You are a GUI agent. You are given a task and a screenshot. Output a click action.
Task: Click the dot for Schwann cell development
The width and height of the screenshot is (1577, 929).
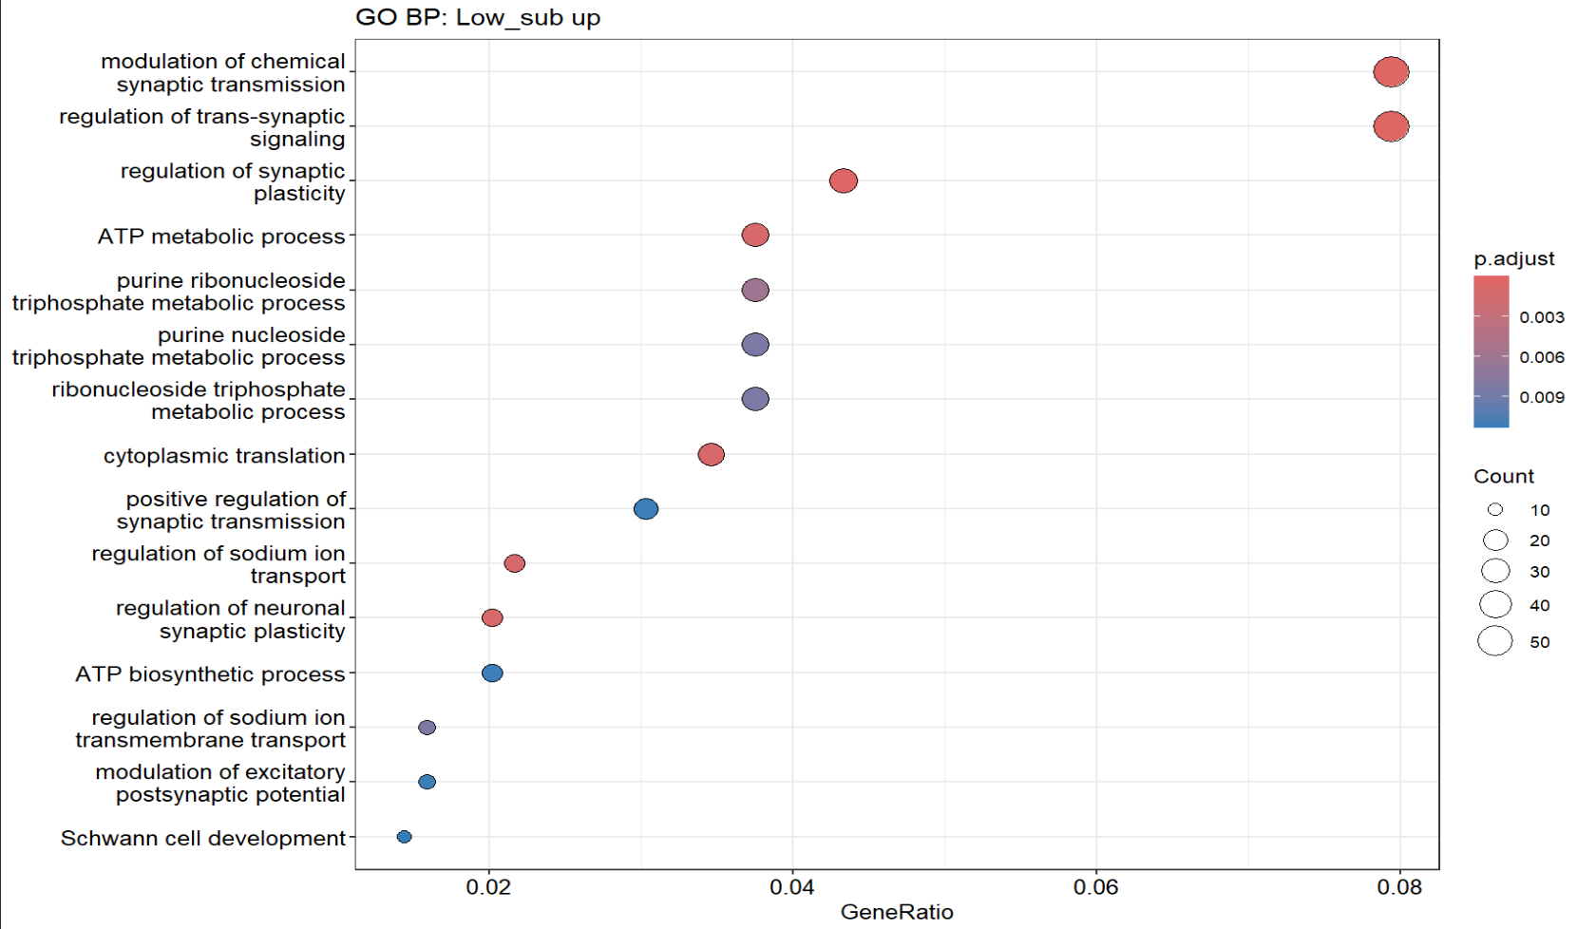point(404,837)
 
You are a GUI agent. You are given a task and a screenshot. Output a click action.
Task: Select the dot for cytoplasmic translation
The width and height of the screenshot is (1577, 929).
point(711,455)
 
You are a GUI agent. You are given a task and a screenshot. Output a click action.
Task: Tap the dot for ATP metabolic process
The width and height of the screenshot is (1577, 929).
point(755,235)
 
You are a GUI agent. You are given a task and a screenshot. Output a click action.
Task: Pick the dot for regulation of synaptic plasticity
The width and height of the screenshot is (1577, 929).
point(843,180)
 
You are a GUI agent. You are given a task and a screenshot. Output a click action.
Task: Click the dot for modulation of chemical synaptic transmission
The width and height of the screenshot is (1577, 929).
point(1391,72)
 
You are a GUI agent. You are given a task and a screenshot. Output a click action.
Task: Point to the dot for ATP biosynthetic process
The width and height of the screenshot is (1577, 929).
point(492,673)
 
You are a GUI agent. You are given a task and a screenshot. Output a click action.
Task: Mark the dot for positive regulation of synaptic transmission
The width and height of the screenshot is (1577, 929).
point(646,509)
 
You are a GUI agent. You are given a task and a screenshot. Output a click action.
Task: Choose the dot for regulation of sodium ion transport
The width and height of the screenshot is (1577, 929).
point(514,563)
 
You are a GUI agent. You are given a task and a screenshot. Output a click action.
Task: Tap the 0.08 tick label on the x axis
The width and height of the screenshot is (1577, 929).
point(1399,888)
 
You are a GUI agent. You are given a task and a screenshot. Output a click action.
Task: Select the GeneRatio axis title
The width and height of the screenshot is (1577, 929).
point(897,913)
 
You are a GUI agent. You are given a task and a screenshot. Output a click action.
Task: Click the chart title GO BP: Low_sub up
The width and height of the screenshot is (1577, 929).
point(478,18)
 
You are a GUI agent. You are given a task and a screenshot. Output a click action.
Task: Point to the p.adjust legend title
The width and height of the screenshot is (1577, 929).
point(1514,258)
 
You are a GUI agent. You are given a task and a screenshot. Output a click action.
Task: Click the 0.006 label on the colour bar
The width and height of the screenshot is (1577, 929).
point(1541,357)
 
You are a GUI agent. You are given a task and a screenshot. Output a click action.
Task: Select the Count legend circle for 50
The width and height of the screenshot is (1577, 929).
point(1495,641)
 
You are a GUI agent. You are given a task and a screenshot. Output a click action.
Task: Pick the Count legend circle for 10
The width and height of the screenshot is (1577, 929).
point(1495,510)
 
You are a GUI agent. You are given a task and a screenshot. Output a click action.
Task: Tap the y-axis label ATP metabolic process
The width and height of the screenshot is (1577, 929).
point(221,237)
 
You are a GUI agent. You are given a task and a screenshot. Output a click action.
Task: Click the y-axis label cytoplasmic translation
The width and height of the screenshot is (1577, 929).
point(224,456)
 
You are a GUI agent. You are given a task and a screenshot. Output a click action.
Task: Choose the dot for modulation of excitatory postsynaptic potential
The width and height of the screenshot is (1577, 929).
point(427,782)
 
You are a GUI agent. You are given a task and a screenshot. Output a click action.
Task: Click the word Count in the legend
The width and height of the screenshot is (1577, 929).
point(1504,476)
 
